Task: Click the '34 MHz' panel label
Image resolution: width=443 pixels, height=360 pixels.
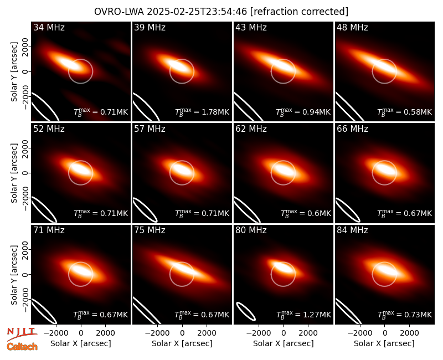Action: pyautogui.click(x=49, y=27)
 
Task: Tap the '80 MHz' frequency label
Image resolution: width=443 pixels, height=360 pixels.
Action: pyautogui.click(x=251, y=230)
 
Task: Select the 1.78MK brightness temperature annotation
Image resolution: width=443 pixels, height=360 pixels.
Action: pyautogui.click(x=202, y=112)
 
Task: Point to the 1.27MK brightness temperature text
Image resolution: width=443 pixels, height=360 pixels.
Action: pyautogui.click(x=303, y=314)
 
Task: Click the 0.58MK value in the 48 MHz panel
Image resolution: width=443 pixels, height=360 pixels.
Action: pyautogui.click(x=405, y=112)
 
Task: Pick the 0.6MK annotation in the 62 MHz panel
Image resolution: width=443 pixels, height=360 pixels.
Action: pyautogui.click(x=306, y=213)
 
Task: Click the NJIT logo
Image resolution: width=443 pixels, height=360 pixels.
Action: pyautogui.click(x=22, y=334)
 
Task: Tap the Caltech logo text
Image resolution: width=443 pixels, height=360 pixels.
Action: pyautogui.click(x=22, y=347)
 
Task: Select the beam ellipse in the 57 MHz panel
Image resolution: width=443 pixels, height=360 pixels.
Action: pyautogui.click(x=146, y=210)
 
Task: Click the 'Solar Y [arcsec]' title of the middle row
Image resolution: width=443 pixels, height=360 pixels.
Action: pyautogui.click(x=14, y=173)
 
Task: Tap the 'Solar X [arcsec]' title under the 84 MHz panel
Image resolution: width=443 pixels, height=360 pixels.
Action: pyautogui.click(x=384, y=343)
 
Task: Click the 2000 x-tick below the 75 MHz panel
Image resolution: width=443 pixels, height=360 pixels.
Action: pyautogui.click(x=207, y=333)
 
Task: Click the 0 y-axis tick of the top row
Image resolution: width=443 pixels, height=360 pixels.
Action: pyautogui.click(x=25, y=71)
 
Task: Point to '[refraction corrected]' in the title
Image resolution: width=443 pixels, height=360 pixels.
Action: pyautogui.click(x=299, y=12)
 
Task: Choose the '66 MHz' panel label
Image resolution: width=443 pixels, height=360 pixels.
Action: pyautogui.click(x=352, y=129)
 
